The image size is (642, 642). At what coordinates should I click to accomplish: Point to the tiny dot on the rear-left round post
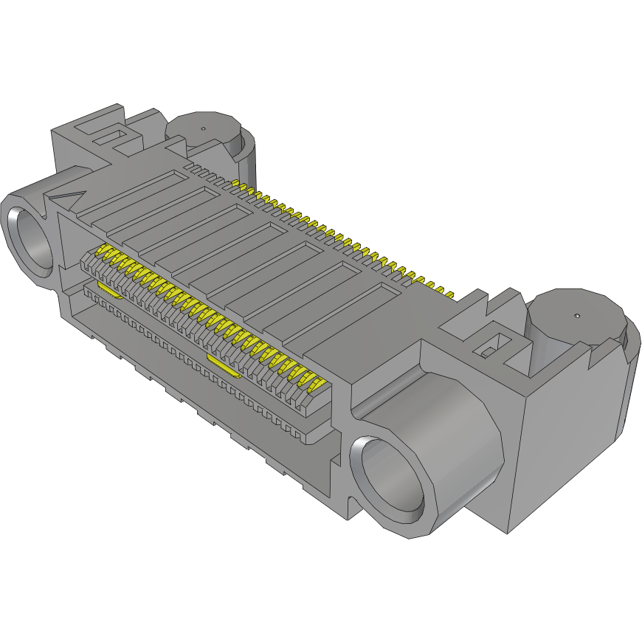tap(204, 127)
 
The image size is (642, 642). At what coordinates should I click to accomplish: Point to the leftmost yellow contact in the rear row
tap(235, 182)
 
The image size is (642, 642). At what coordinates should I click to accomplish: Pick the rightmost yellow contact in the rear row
tap(448, 293)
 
